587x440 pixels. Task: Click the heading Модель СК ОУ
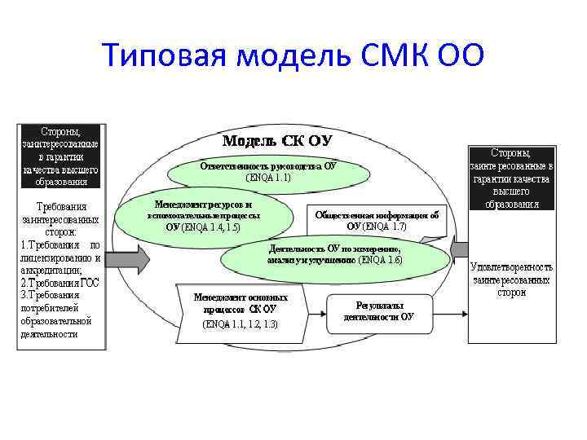coord(277,141)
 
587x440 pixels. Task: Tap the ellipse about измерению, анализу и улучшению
coord(334,254)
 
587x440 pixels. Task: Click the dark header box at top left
coord(61,156)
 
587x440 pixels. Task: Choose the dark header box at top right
coord(511,178)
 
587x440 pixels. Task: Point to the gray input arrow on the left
coord(127,258)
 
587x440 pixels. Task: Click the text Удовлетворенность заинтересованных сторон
coord(511,279)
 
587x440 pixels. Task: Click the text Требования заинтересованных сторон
coord(61,219)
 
